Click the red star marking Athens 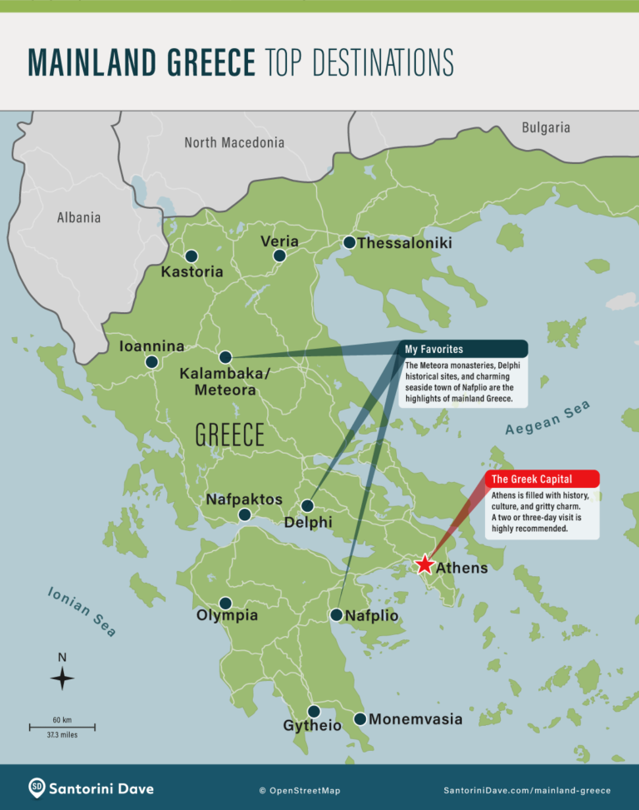[424, 565]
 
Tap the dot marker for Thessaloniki [349, 243]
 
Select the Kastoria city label [192, 271]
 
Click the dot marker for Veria [280, 256]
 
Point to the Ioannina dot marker [151, 362]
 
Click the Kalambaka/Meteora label [225, 381]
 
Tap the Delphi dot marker [307, 505]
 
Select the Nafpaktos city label [244, 499]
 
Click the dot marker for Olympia [225, 604]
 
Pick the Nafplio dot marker [336, 615]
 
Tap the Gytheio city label [312, 726]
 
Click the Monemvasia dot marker [359, 718]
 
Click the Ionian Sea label [82, 612]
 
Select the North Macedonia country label [234, 142]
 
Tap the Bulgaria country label [546, 127]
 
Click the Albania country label [79, 217]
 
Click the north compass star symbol [62, 678]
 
